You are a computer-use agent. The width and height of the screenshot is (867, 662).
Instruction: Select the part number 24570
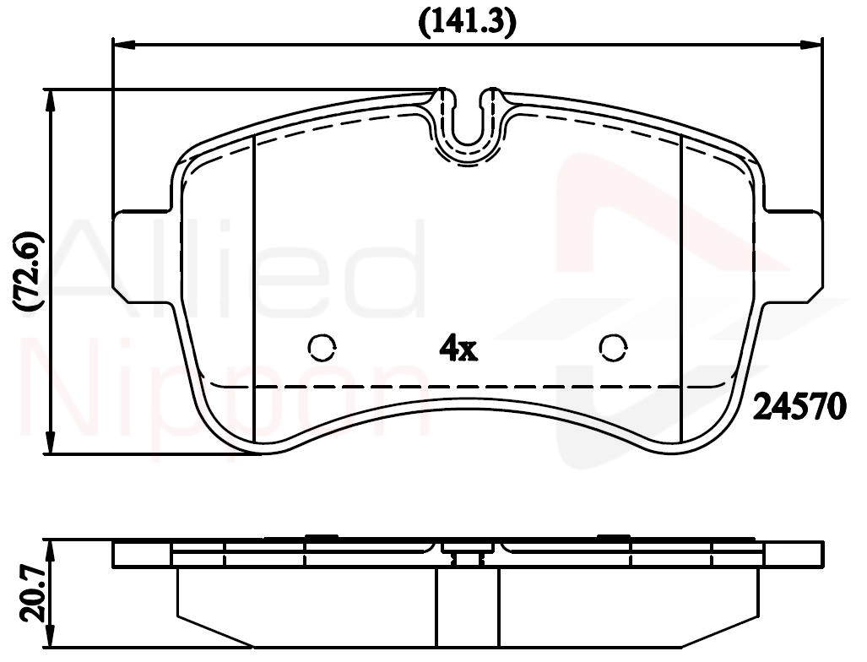tap(800, 406)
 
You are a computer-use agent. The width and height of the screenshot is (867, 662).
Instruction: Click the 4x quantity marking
tap(458, 348)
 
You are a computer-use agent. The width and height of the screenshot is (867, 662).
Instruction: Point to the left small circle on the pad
tap(322, 347)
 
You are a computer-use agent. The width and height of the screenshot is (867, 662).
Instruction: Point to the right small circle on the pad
tap(613, 347)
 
